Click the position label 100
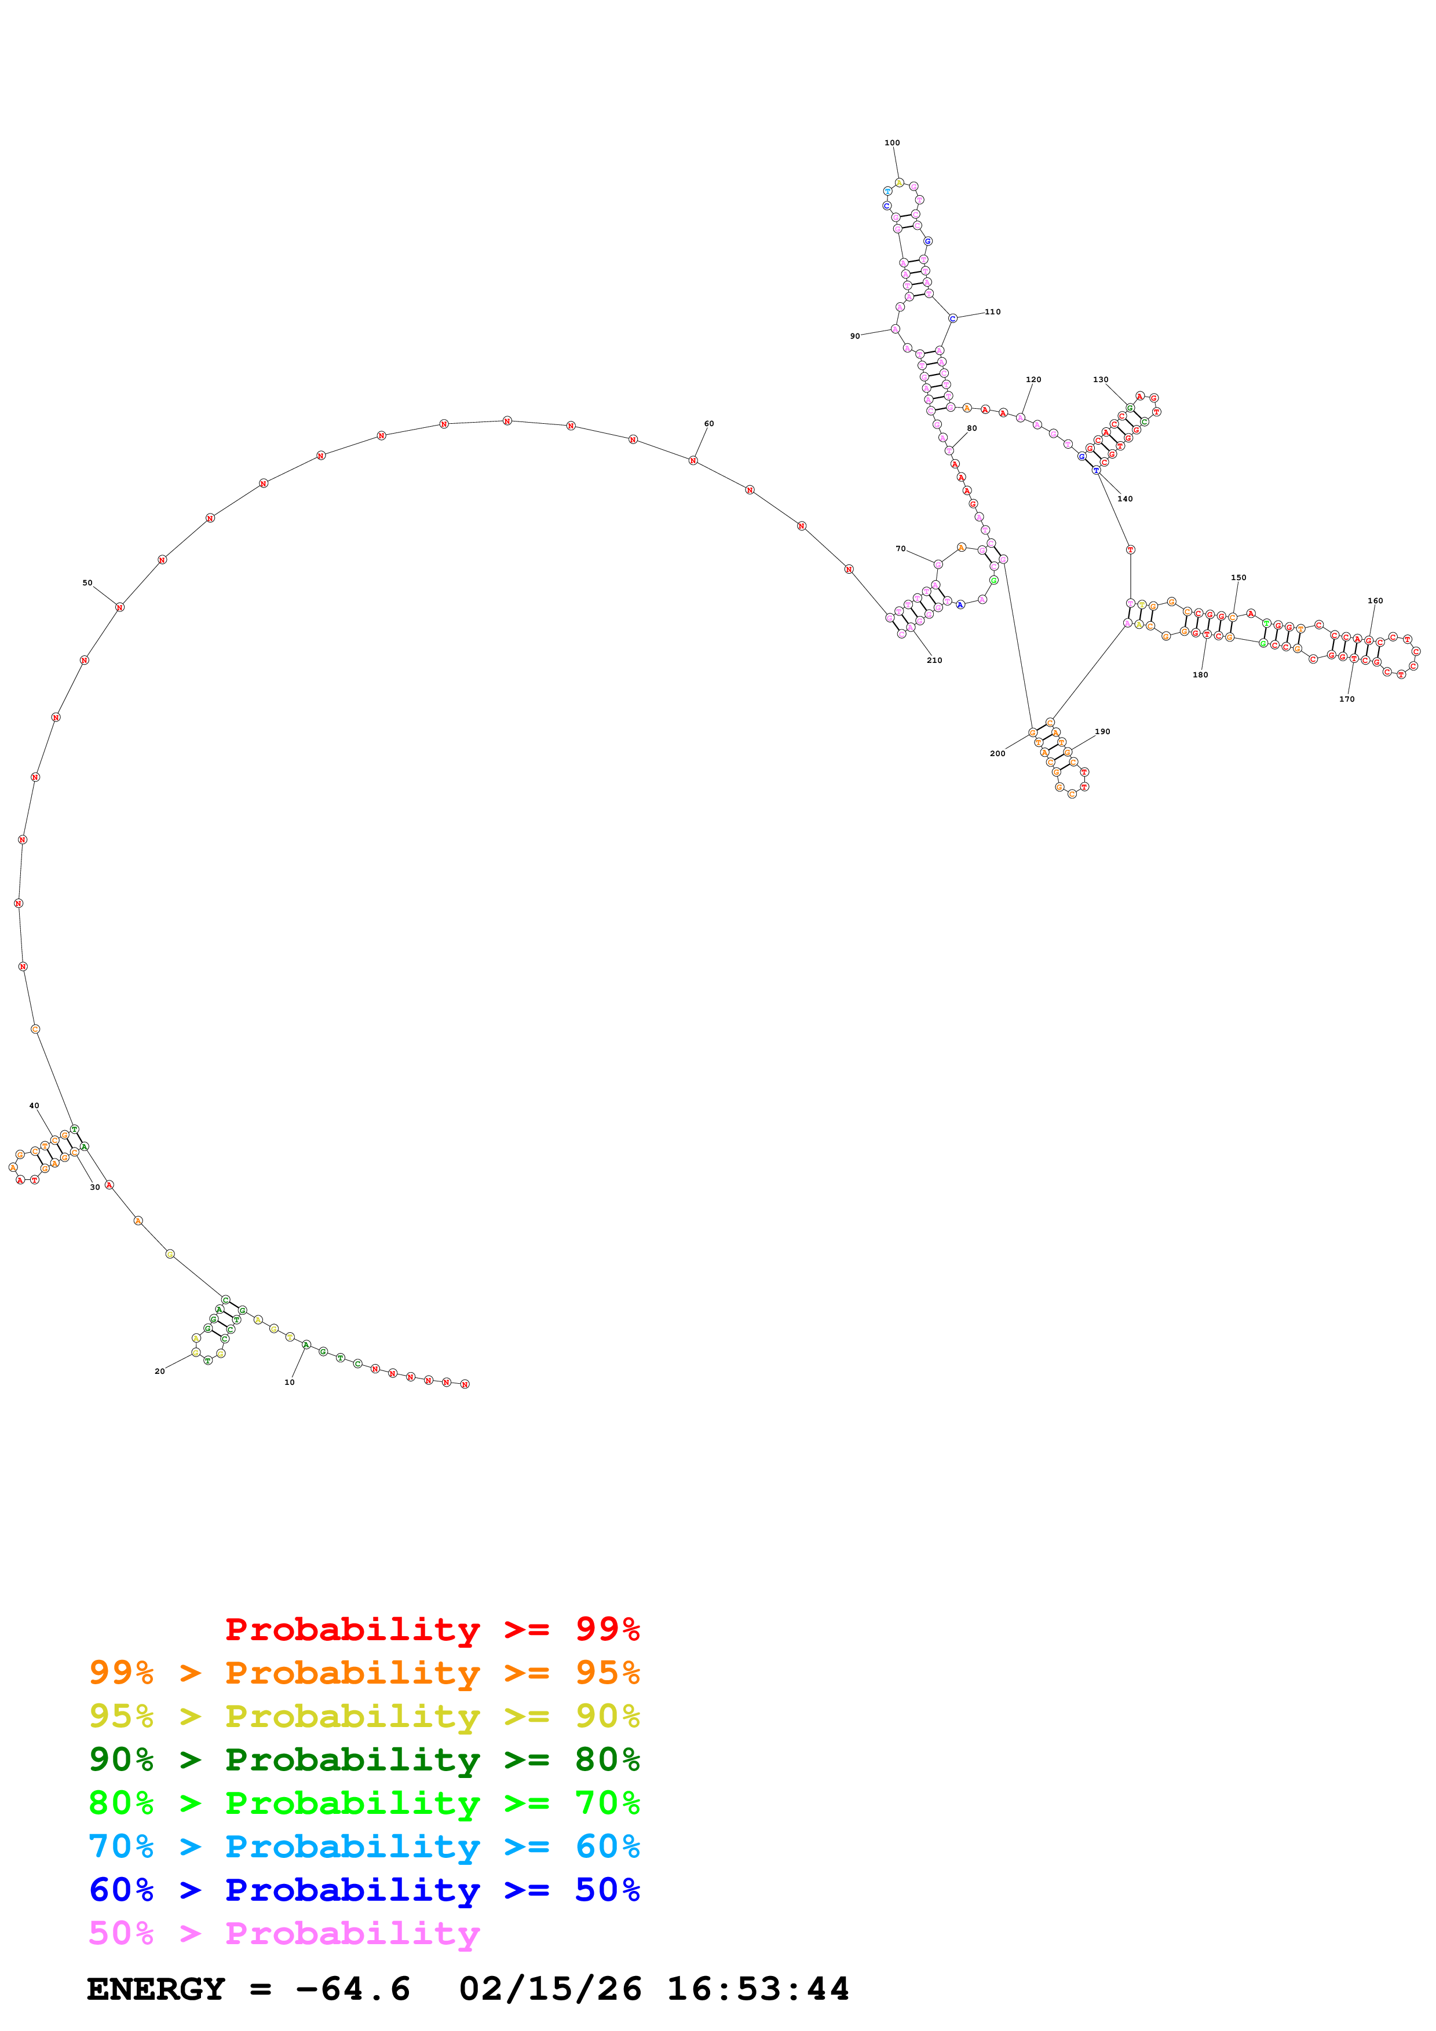pyautogui.click(x=892, y=142)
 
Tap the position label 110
pyautogui.click(x=993, y=311)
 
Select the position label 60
pyautogui.click(x=708, y=424)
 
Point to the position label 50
pyautogui.click(x=87, y=583)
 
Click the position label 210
pyautogui.click(x=934, y=660)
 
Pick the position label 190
pyautogui.click(x=1102, y=732)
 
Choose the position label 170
pyautogui.click(x=1347, y=699)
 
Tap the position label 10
pyautogui.click(x=289, y=1382)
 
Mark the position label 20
pyautogui.click(x=159, y=1371)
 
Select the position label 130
pyautogui.click(x=1101, y=379)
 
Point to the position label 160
pyautogui.click(x=1375, y=600)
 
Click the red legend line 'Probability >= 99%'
pyautogui.click(x=432, y=1629)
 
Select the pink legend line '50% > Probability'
pyautogui.click(x=284, y=1934)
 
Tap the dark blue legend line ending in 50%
pyautogui.click(x=364, y=1890)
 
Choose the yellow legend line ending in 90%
pyautogui.click(x=364, y=1716)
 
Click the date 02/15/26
pyautogui.click(x=550, y=1989)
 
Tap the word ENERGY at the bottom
pyautogui.click(x=156, y=1989)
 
